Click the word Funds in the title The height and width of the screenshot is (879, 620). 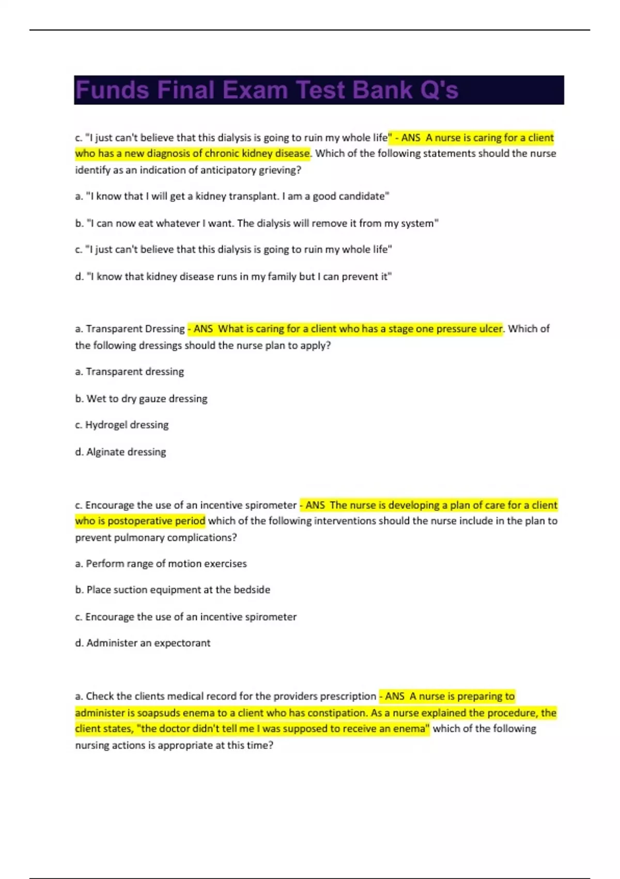point(112,90)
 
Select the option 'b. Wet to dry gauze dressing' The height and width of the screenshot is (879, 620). point(141,399)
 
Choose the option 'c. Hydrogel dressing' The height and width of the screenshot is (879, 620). point(122,425)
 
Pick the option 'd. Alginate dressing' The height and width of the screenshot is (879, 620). point(120,452)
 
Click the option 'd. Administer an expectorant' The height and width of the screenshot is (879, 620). point(143,643)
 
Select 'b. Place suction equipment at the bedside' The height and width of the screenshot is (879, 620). point(173,590)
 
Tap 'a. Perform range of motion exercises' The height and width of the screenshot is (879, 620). point(161,564)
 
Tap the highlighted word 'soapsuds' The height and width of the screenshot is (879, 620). point(157,713)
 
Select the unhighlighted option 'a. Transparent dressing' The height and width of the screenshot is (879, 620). point(129,372)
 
